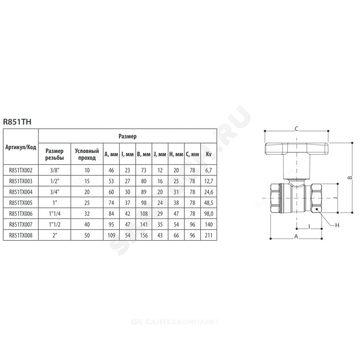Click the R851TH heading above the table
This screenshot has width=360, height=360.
[17, 122]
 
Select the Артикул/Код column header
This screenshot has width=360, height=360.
[21, 147]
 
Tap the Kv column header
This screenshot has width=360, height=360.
[208, 154]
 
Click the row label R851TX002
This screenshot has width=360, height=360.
[21, 170]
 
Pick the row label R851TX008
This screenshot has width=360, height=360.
[21, 235]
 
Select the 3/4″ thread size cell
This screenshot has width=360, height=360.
[55, 192]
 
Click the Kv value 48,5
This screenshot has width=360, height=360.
[208, 203]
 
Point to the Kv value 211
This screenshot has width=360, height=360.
[208, 235]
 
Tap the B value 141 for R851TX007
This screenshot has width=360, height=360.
[144, 225]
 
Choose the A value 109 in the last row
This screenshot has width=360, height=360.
[111, 235]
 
